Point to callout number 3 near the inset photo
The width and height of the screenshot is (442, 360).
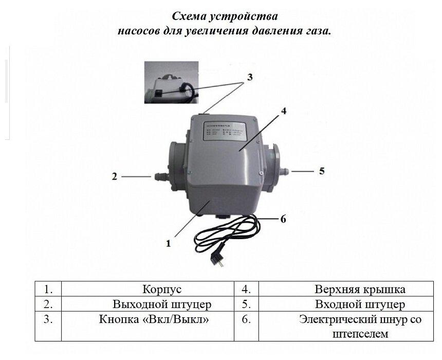tap(249, 78)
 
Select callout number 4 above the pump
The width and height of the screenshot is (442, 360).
tap(284, 111)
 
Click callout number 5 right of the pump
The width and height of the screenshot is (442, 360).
tap(322, 171)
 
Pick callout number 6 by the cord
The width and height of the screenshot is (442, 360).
tap(283, 219)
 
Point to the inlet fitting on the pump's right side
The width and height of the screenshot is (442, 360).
tap(284, 170)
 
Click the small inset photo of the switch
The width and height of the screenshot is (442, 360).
tap(169, 82)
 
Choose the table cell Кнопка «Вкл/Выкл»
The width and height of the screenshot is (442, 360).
tap(154, 319)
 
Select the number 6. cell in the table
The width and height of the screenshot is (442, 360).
tap(246, 319)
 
